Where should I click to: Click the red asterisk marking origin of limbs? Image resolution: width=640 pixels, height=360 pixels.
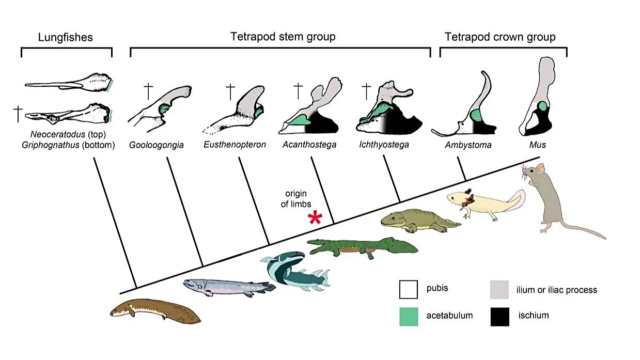point(315,217)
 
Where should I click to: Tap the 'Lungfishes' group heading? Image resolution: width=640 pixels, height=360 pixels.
point(65,37)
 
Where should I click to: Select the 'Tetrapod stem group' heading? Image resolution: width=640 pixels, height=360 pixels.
point(283,37)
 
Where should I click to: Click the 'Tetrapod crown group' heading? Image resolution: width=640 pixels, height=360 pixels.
point(500,37)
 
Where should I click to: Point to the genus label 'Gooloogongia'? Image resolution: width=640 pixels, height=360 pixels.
point(156,145)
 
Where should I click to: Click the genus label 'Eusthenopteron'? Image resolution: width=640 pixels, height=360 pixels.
point(235,145)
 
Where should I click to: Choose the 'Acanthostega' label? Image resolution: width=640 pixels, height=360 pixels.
point(309,145)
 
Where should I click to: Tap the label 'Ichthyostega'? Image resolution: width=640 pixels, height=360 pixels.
point(384,145)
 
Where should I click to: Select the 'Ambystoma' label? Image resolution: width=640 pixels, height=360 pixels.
point(468,145)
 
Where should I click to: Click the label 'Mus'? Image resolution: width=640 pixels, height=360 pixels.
point(537,145)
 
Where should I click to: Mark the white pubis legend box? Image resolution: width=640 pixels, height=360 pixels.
point(409,289)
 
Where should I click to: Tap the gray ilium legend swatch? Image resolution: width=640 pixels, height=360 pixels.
point(499,289)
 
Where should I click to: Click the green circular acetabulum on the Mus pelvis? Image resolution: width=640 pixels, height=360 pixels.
point(542,106)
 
